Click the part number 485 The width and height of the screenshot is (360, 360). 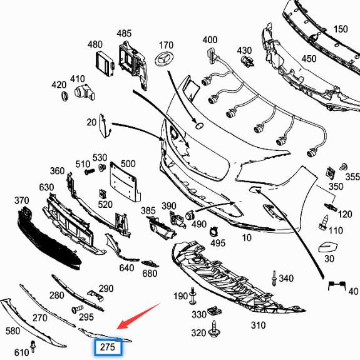124,33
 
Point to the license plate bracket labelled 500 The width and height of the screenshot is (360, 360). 122,182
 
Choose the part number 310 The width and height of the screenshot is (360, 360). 258,325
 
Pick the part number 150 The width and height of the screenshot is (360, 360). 340,29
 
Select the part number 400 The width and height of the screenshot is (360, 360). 210,40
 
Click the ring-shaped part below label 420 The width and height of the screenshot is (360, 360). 64,98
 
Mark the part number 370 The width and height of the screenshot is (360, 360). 22,200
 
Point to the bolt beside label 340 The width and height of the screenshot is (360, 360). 274,277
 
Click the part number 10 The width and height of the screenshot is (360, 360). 247,238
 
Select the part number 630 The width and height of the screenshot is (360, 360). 46,187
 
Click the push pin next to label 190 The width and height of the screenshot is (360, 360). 191,294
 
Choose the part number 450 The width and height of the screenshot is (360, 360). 309,59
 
